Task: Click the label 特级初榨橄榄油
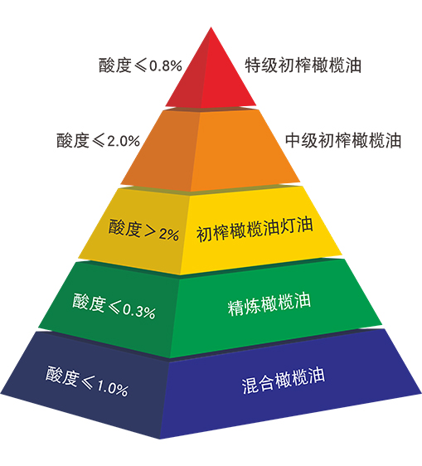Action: [x=303, y=66]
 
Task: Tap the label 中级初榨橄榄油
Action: [x=343, y=141]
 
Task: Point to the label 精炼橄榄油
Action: [x=269, y=303]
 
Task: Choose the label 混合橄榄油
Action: [x=284, y=381]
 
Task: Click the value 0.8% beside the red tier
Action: [x=166, y=66]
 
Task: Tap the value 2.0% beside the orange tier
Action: [x=124, y=141]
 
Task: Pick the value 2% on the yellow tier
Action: [x=169, y=234]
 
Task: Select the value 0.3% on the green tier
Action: [x=139, y=311]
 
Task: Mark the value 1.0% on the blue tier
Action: [x=113, y=387]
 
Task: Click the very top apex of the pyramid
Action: [x=211, y=27]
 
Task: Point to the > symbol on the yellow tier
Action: [x=149, y=230]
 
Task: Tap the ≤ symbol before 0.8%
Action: [x=140, y=66]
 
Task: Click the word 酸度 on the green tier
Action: [x=90, y=303]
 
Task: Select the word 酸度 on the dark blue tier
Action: [x=62, y=376]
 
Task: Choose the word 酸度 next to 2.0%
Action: [x=73, y=141]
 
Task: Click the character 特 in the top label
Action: [x=253, y=66]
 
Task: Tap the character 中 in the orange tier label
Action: [x=293, y=141]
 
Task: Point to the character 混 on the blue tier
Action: [x=249, y=386]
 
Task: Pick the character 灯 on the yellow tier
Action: [x=288, y=227]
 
